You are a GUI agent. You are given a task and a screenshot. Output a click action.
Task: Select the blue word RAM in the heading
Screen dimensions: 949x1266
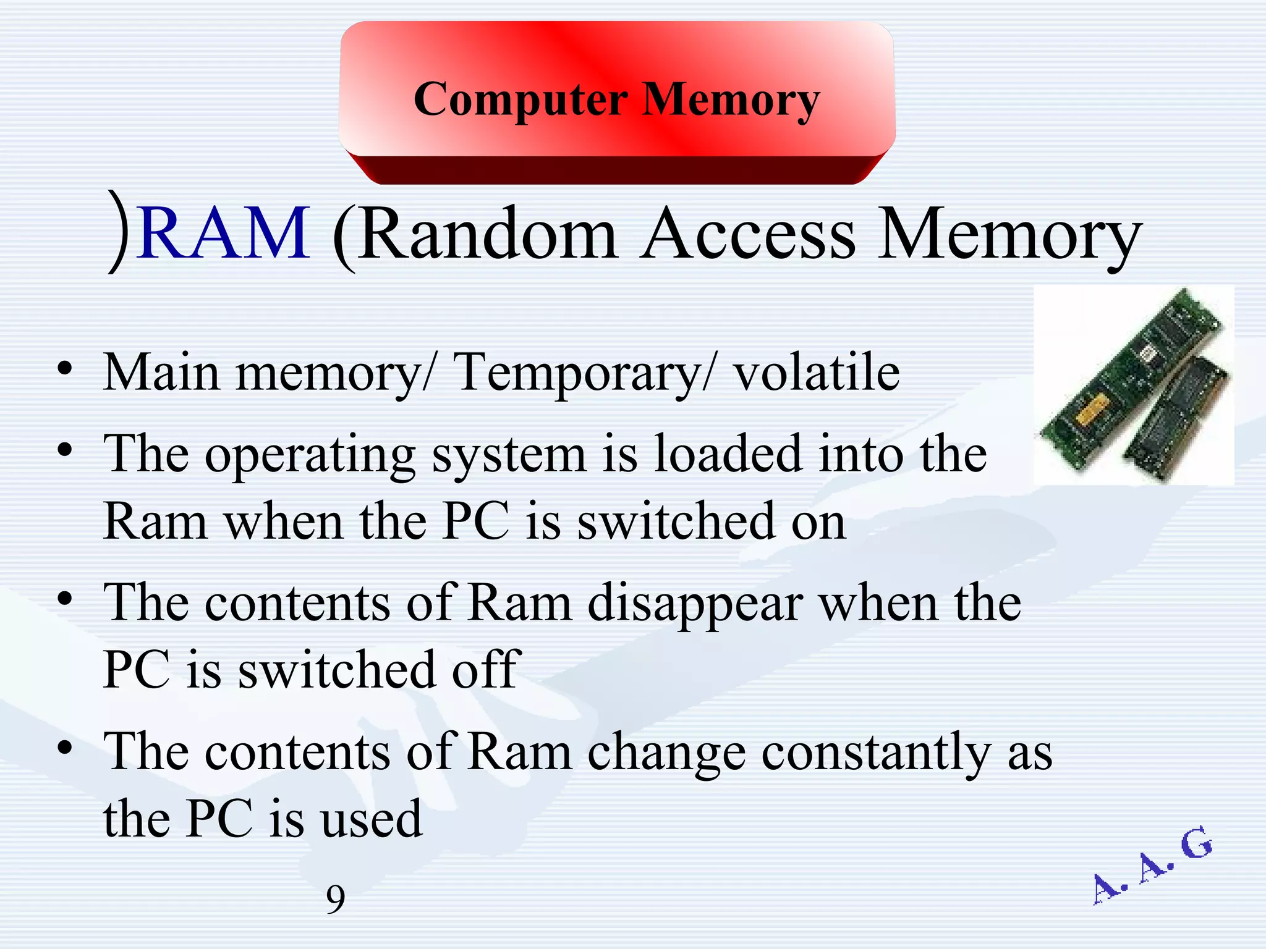(224, 234)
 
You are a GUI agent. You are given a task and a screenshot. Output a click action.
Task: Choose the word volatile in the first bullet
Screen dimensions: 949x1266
(816, 372)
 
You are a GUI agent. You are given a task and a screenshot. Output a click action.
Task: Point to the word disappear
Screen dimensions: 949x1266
(695, 604)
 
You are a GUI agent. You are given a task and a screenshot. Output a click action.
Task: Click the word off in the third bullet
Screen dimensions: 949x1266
(486, 670)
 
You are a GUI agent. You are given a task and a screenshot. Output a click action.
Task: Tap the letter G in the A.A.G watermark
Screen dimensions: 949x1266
(1197, 844)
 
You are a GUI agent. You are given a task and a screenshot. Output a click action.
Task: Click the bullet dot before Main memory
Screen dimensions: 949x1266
(65, 369)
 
